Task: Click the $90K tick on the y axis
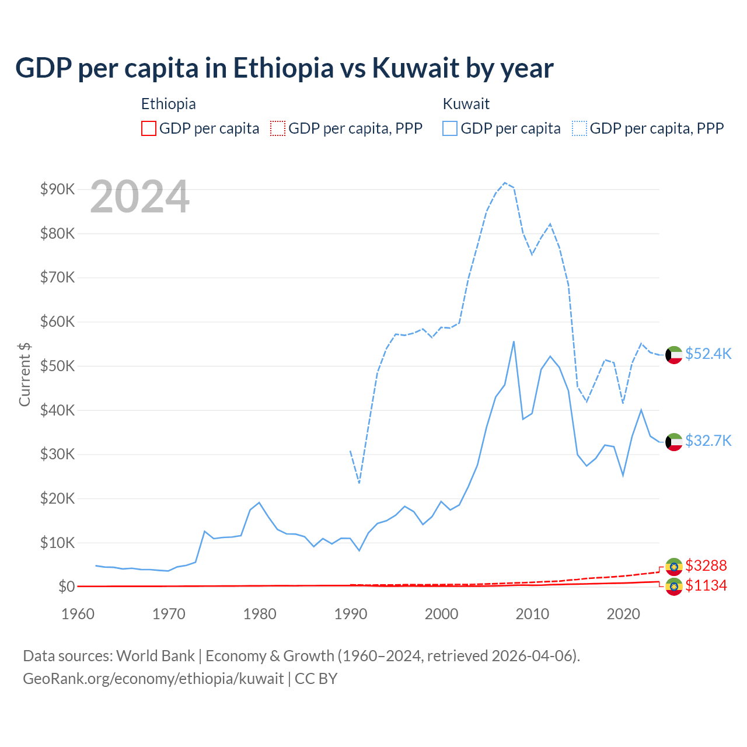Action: coord(57,190)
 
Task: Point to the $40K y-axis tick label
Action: coord(57,410)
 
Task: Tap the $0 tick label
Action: coord(67,587)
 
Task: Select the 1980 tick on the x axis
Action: coord(260,614)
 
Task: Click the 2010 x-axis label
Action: coord(532,614)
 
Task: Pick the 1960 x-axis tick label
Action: coord(78,614)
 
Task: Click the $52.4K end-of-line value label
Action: coord(708,354)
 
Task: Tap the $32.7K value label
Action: coord(708,441)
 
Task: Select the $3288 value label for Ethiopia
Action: coord(706,566)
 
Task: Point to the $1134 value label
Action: coord(706,585)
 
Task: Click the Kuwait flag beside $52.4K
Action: coord(674,355)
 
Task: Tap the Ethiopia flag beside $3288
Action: coord(674,566)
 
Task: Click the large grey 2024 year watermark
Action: coord(140,197)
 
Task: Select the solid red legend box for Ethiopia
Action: coord(149,128)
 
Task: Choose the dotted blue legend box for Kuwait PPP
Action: coord(580,128)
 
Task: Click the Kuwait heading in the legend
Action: coord(466,104)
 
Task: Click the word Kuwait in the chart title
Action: coord(416,68)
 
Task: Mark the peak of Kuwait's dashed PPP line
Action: coord(505,183)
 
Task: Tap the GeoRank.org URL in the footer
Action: coord(153,679)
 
